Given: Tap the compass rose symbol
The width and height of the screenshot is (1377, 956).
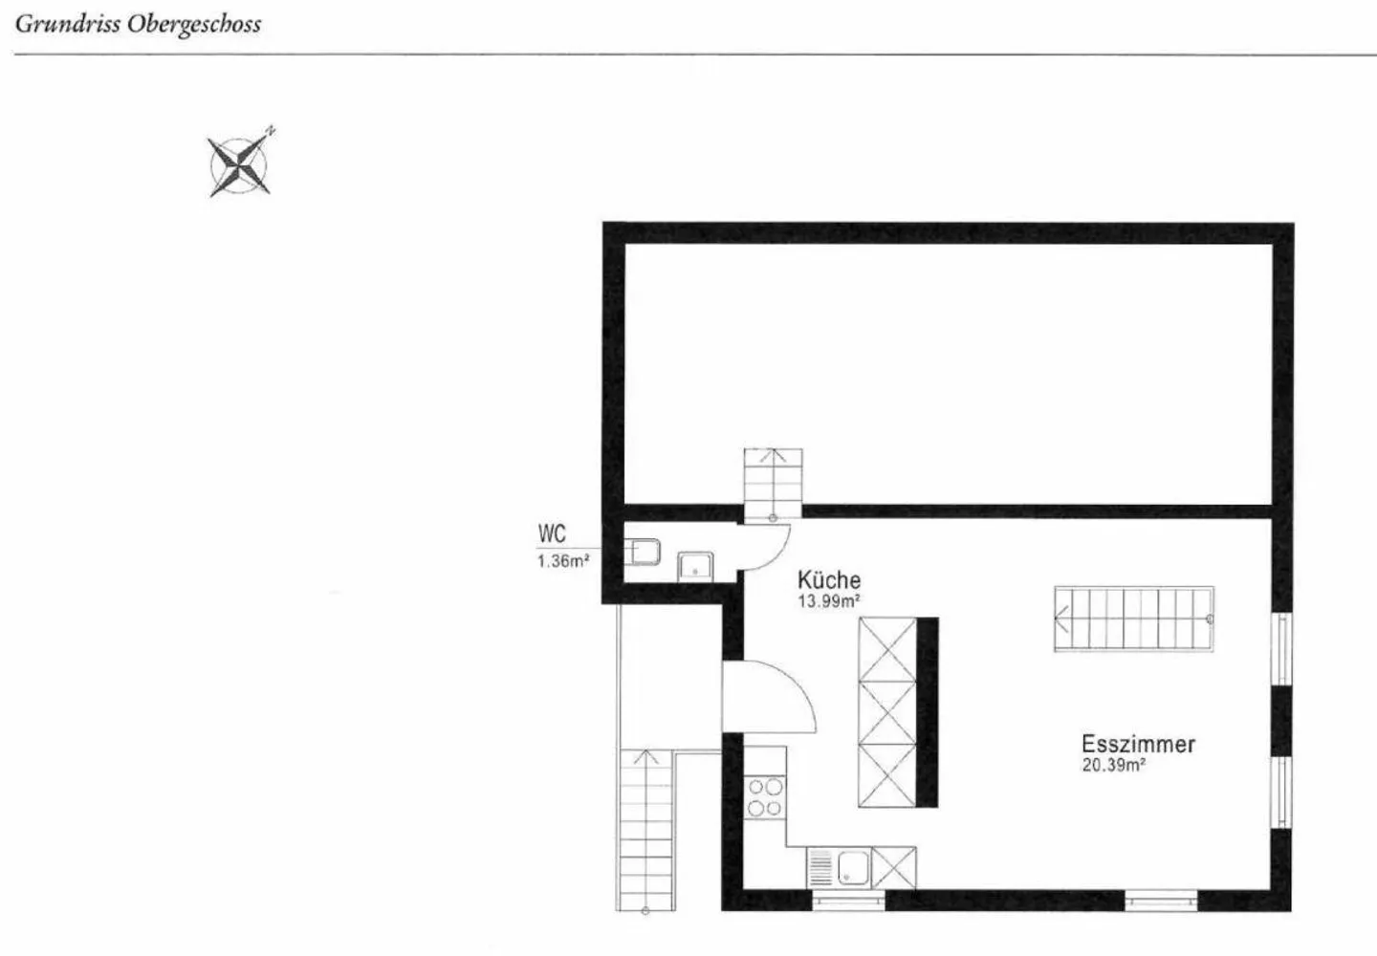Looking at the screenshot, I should click(239, 165).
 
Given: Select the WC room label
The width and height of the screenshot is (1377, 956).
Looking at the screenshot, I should click(552, 533).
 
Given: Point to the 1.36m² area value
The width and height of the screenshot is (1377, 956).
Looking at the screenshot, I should click(562, 561).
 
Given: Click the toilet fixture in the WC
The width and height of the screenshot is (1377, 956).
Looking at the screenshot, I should click(643, 552).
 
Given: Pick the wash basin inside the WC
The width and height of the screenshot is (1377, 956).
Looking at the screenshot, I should click(695, 566).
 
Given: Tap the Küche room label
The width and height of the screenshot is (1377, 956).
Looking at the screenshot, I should click(829, 579).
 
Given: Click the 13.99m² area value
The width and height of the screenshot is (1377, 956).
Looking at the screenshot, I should click(829, 601).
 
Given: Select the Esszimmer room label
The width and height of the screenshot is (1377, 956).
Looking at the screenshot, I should click(1138, 744).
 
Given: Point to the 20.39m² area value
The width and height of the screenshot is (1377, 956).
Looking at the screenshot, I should click(1114, 765).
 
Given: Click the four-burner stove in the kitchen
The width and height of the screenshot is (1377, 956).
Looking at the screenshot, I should click(765, 797).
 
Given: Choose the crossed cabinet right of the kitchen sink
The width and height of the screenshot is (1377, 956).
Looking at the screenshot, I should click(893, 868).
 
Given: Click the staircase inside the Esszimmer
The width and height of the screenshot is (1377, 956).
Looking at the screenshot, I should click(1133, 619).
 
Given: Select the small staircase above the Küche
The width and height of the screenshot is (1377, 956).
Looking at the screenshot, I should click(773, 484).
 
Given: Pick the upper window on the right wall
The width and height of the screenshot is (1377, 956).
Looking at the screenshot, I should click(1280, 648).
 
